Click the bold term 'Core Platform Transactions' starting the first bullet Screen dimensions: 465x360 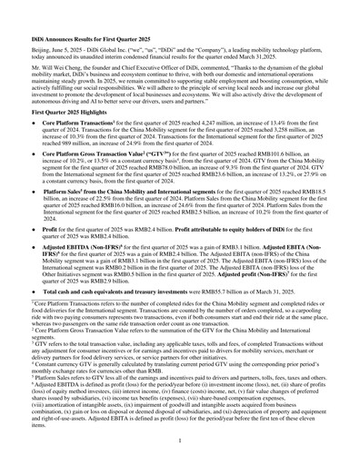coord(69,135)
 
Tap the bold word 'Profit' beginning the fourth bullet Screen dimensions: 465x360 coord(42,256)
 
